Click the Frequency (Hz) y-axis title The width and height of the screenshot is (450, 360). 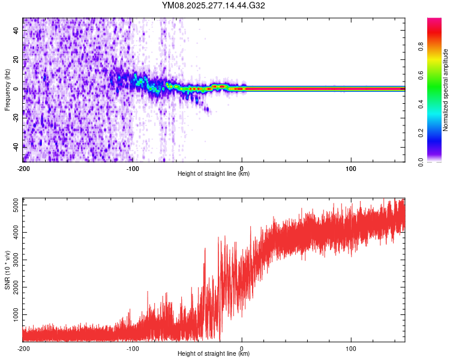pos(7,90)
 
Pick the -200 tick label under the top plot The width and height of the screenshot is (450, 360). pos(23,169)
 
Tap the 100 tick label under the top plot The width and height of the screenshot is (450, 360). pos(351,169)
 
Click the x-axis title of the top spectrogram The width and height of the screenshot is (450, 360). pos(214,174)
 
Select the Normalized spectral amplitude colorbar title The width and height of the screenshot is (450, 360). pos(445,90)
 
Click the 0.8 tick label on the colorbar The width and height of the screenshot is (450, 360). pos(438,47)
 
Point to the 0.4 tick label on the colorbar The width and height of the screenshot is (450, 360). pos(438,104)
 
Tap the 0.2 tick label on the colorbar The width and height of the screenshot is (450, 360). pos(438,133)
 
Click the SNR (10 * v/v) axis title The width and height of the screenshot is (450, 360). pos(7,270)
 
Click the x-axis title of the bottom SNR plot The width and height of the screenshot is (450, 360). pos(214,354)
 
